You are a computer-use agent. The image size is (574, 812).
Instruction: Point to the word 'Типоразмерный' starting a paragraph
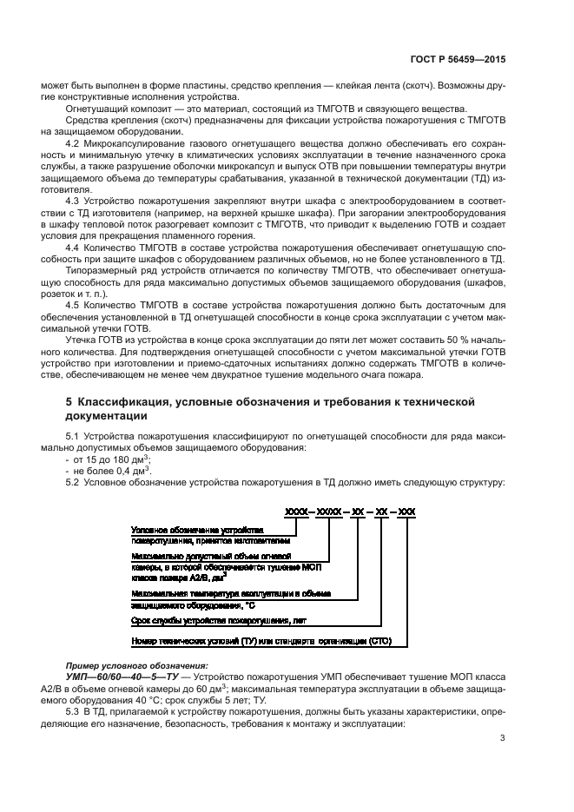[98, 272]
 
